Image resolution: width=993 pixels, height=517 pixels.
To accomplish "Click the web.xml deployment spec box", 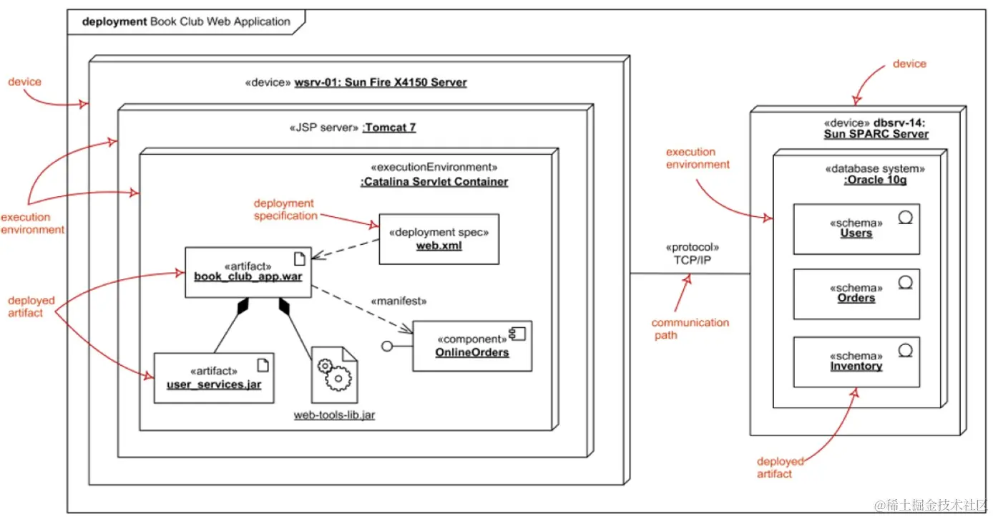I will [x=439, y=239].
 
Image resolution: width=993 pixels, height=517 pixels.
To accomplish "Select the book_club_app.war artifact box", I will [x=248, y=272].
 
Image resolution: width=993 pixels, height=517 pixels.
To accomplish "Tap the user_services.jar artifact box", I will [x=214, y=377].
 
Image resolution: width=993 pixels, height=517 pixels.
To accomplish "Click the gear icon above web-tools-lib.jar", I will [x=334, y=375].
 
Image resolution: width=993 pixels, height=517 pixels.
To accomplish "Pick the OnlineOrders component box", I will [x=472, y=346].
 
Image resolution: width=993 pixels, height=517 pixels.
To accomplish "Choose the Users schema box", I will [x=856, y=228].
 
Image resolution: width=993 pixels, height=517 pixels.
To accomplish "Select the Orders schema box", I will [x=856, y=294].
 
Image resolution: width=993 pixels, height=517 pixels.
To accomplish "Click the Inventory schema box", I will [x=856, y=362].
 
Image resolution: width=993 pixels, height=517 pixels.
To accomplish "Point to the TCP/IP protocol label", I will [x=691, y=261].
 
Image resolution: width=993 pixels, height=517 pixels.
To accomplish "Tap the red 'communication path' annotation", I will [x=690, y=329].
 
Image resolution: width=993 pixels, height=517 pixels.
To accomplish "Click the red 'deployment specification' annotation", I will [x=284, y=210].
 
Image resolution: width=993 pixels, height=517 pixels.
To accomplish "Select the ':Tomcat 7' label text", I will [x=389, y=128].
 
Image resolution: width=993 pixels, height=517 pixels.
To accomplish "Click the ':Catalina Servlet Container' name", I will [x=434, y=182].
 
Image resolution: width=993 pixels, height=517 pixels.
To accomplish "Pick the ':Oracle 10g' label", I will [x=875, y=180].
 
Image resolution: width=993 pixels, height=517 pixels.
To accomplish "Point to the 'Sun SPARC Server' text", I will [x=876, y=134].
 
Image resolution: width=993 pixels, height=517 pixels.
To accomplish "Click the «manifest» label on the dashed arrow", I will [x=398, y=301].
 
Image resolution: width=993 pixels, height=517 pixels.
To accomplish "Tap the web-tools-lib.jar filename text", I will [x=334, y=415].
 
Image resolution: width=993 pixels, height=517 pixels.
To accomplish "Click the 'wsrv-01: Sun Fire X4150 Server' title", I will [x=380, y=82].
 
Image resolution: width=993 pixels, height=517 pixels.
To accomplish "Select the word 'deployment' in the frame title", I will [x=114, y=21].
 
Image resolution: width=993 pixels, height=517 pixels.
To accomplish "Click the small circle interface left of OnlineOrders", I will [x=388, y=347].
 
